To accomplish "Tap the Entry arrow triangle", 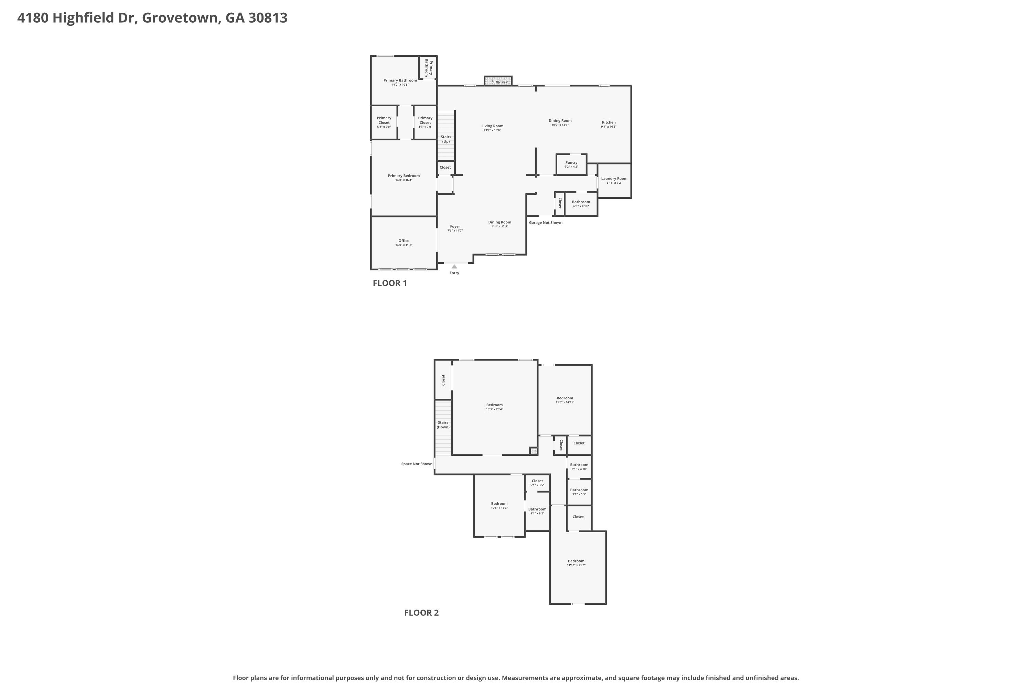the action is (454, 266).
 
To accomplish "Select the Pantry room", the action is (571, 164).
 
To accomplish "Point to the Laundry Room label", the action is (614, 179).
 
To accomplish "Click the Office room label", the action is (404, 241).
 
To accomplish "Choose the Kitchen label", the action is (609, 122).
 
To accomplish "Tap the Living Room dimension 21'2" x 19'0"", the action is (492, 130).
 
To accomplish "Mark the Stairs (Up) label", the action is (446, 139).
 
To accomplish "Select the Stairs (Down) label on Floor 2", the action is (443, 425).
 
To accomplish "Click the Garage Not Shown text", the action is (545, 223).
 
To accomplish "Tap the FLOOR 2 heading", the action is (421, 613).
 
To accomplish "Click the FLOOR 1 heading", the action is (390, 283).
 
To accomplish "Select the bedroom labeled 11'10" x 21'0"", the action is (578, 567).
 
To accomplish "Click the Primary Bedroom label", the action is (404, 176).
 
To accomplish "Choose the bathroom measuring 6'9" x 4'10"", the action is (581, 204).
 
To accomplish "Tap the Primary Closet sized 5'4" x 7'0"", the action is (384, 122).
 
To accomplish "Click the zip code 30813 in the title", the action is (268, 18).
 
